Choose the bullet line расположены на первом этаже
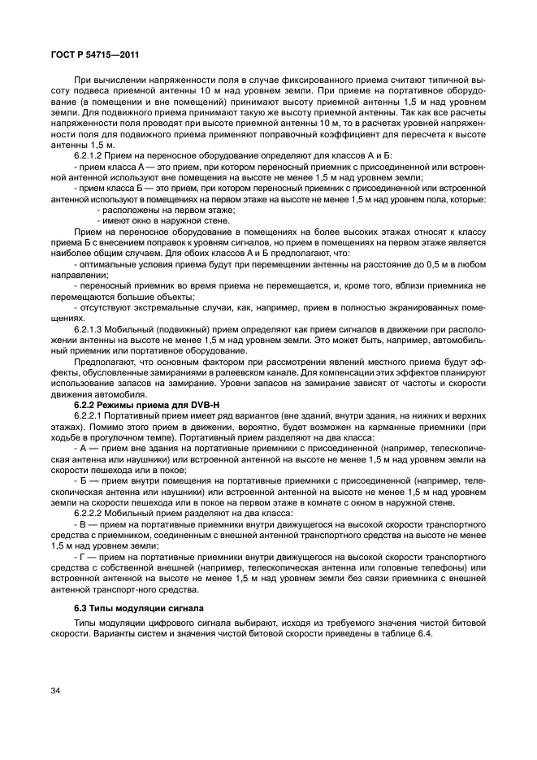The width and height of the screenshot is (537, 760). [163, 208]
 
